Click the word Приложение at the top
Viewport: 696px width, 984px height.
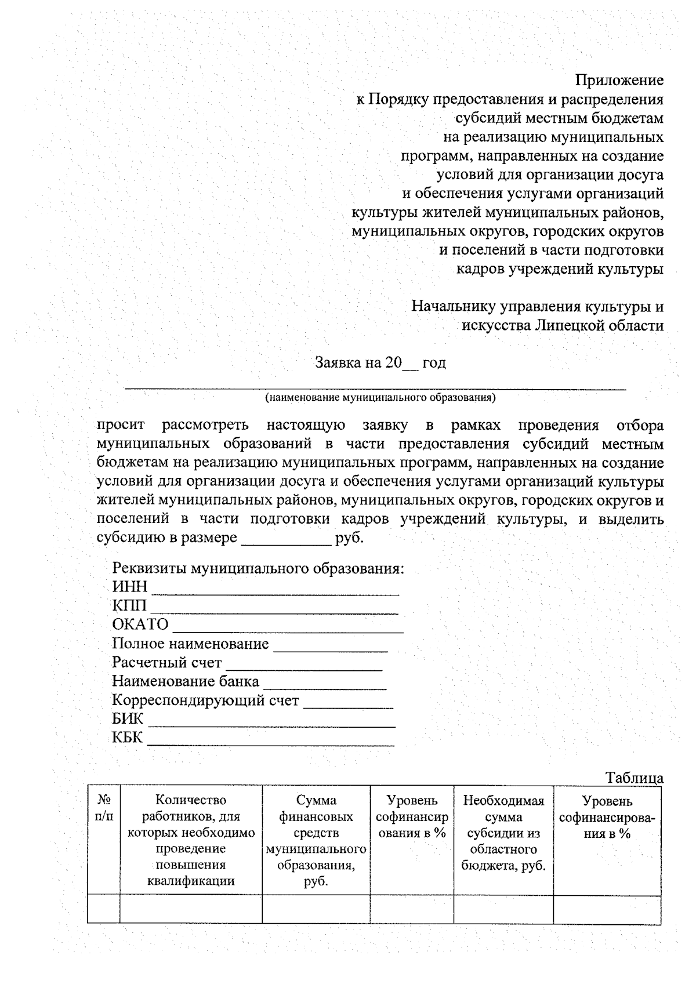[619, 79]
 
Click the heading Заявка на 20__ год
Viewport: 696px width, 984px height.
[380, 363]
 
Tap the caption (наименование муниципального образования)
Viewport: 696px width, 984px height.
[380, 398]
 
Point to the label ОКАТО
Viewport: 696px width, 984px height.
[140, 624]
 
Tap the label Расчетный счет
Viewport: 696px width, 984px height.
[166, 662]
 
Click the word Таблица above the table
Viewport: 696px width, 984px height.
[634, 778]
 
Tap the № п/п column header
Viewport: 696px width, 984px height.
[104, 809]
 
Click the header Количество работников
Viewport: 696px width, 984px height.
[191, 841]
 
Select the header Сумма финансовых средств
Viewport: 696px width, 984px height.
[316, 841]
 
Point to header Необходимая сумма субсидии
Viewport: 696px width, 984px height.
[503, 833]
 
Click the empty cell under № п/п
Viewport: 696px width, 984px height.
[104, 909]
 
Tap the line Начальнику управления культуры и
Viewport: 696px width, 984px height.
[537, 306]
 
